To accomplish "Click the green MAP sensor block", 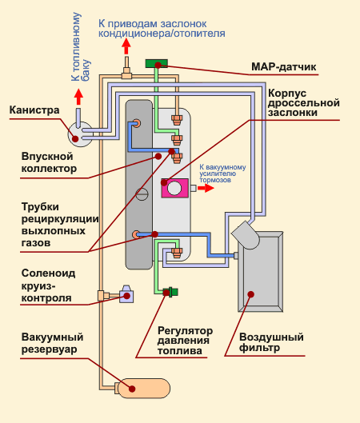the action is tap(157, 64).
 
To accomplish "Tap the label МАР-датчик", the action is tap(283, 67).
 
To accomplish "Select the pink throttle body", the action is tap(175, 188).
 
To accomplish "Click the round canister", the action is tap(80, 134).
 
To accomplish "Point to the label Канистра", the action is tap(34, 110).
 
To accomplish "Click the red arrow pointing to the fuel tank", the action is tap(78, 97).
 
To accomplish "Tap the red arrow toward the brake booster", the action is tap(206, 188).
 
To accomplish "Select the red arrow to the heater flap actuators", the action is tap(126, 46).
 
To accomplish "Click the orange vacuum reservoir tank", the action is tap(143, 388).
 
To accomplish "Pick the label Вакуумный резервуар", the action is tap(52, 343).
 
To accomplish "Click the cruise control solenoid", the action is tap(126, 294).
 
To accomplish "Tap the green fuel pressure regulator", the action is tap(170, 292).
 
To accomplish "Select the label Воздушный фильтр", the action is tap(271, 342).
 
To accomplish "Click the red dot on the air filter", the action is tap(251, 294).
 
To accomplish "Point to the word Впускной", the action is tap(47, 157).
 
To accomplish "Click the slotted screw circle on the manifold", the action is tap(142, 194).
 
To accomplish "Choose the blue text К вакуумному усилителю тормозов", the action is tap(222, 174).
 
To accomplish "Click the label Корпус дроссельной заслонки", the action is tap(303, 103).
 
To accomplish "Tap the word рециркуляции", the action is tap(60, 219).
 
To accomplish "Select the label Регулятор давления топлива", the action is tap(185, 341).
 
